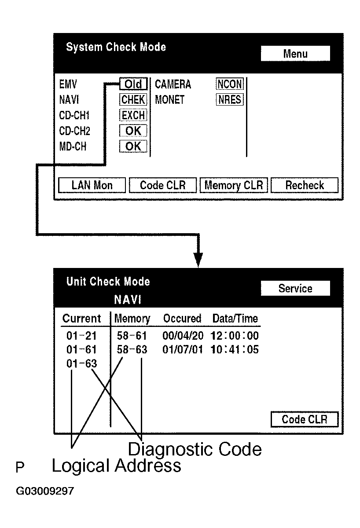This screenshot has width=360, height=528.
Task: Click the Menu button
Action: coord(295,54)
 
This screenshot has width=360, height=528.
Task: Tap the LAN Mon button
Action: coord(92,185)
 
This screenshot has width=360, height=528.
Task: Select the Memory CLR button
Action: coord(234,185)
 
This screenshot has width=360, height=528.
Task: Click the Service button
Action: coord(295,289)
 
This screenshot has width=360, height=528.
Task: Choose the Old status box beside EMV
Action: coord(133,84)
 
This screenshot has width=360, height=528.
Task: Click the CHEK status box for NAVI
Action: coord(133,100)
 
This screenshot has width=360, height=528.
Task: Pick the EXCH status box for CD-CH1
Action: coord(133,115)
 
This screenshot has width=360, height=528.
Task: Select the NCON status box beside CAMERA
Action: coord(229,84)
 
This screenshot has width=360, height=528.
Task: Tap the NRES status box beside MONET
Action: coord(229,100)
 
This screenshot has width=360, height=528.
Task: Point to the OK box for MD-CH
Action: coord(133,147)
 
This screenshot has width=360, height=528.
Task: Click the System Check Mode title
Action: coord(116,47)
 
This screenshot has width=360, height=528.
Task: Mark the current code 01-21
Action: coord(81,336)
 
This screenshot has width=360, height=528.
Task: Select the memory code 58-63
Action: coord(132,350)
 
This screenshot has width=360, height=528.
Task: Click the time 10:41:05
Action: coord(234,350)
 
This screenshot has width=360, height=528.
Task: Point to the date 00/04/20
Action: coord(183,336)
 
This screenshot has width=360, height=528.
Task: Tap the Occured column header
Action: coord(182,318)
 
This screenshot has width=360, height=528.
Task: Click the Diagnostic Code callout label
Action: coord(195,449)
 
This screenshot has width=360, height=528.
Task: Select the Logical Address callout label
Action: coord(116,466)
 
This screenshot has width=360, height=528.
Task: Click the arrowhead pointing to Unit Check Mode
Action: coord(199,260)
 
